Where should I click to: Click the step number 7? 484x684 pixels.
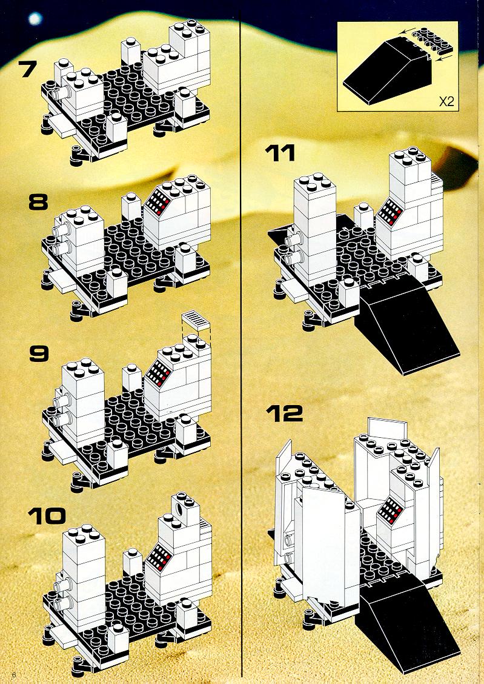click(x=27, y=69)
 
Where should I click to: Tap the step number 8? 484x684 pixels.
click(x=38, y=202)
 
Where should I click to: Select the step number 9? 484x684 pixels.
click(x=39, y=354)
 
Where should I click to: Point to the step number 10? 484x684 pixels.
click(x=47, y=515)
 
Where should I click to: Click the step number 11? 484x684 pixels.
click(x=280, y=153)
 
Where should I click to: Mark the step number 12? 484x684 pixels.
click(x=284, y=413)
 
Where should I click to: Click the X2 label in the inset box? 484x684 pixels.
click(x=446, y=102)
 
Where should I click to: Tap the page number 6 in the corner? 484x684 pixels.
click(x=15, y=676)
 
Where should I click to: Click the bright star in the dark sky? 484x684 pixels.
click(x=35, y=18)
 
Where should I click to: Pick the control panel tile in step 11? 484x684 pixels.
click(x=389, y=212)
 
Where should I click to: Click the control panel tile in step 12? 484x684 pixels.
click(x=389, y=509)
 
